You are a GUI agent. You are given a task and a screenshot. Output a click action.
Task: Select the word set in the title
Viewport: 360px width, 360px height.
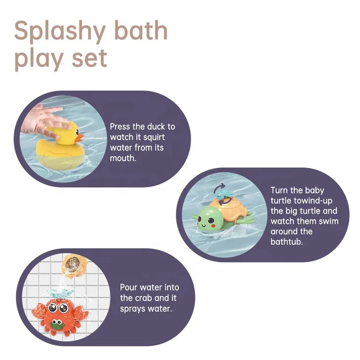point(88,58)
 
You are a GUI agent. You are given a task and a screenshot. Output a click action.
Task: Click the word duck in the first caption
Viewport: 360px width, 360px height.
point(156,126)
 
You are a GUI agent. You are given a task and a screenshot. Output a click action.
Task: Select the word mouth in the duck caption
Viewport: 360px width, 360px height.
point(123,158)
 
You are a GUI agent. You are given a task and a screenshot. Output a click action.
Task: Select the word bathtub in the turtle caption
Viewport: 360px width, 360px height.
point(288,241)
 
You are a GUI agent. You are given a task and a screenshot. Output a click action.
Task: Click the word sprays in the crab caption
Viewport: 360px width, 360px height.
point(132,308)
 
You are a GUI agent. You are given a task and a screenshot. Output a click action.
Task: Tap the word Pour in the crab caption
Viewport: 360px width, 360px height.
point(129,287)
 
